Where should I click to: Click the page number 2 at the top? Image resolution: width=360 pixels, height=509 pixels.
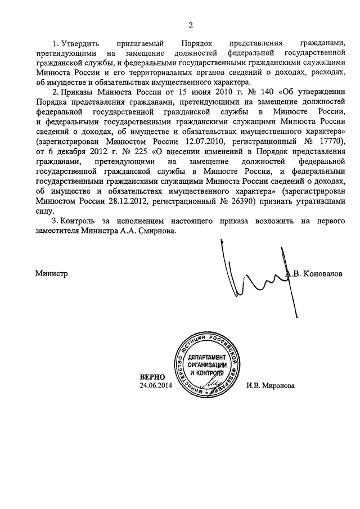click(191, 25)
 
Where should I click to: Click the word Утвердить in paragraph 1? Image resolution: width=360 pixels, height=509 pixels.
click(82, 43)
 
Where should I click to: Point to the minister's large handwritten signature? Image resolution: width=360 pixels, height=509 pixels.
click(256, 276)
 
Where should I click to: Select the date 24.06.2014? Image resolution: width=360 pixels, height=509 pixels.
click(155, 386)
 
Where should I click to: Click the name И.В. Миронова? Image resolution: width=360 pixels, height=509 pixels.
click(271, 386)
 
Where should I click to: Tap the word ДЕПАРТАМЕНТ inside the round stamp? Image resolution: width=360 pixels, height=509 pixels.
click(205, 358)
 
